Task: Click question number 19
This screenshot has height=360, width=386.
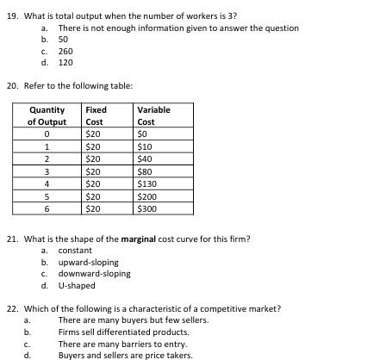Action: (x=12, y=16)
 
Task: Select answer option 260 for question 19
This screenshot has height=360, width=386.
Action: (x=65, y=51)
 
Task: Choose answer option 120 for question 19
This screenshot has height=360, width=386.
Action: (x=65, y=62)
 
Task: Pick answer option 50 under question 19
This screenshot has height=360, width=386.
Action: (x=63, y=40)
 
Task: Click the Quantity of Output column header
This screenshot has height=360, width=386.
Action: (x=47, y=115)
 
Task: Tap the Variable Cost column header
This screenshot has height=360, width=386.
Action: (x=153, y=115)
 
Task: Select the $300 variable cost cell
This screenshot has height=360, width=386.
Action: (x=147, y=208)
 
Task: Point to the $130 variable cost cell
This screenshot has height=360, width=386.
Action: (x=147, y=183)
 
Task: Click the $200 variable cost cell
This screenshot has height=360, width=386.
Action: (x=147, y=196)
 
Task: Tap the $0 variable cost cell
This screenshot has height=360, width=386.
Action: (x=143, y=134)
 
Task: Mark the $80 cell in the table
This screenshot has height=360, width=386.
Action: (x=145, y=171)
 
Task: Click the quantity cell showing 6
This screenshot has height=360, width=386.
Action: (x=47, y=208)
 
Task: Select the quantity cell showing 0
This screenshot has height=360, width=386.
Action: (x=47, y=134)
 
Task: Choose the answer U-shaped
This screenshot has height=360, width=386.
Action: (x=77, y=285)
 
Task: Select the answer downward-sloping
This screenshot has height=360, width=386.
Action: (x=94, y=274)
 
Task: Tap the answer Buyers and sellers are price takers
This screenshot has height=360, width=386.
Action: (x=126, y=354)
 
